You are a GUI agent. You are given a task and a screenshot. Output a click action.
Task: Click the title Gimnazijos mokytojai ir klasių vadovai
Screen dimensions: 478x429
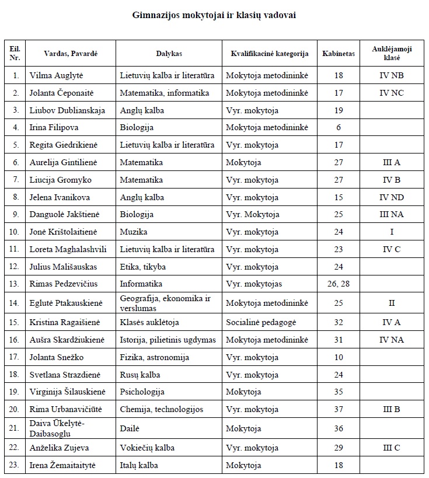pyautogui.click(x=214, y=16)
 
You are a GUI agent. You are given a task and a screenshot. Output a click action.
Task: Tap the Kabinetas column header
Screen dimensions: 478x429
pyautogui.click(x=339, y=54)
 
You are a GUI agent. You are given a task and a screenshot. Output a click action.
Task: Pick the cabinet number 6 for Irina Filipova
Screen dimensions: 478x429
pyautogui.click(x=339, y=127)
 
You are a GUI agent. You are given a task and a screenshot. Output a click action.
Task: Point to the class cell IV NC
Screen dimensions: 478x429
pyautogui.click(x=391, y=93)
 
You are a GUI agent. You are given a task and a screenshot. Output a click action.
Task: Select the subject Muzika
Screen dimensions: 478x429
pyautogui.click(x=134, y=232)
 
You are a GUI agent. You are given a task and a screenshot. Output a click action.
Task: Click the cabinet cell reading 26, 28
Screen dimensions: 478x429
pyautogui.click(x=339, y=284)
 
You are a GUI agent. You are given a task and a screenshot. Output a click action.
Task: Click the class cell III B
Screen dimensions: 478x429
pyautogui.click(x=391, y=409)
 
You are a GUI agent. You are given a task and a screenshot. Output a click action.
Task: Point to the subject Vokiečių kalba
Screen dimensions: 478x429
pyautogui.click(x=147, y=448)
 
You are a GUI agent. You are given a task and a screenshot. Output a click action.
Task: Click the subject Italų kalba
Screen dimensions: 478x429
pyautogui.click(x=139, y=465)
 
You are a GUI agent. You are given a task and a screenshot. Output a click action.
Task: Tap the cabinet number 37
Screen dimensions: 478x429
pyautogui.click(x=339, y=409)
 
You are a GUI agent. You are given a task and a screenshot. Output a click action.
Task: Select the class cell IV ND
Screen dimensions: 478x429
pyautogui.click(x=391, y=197)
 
